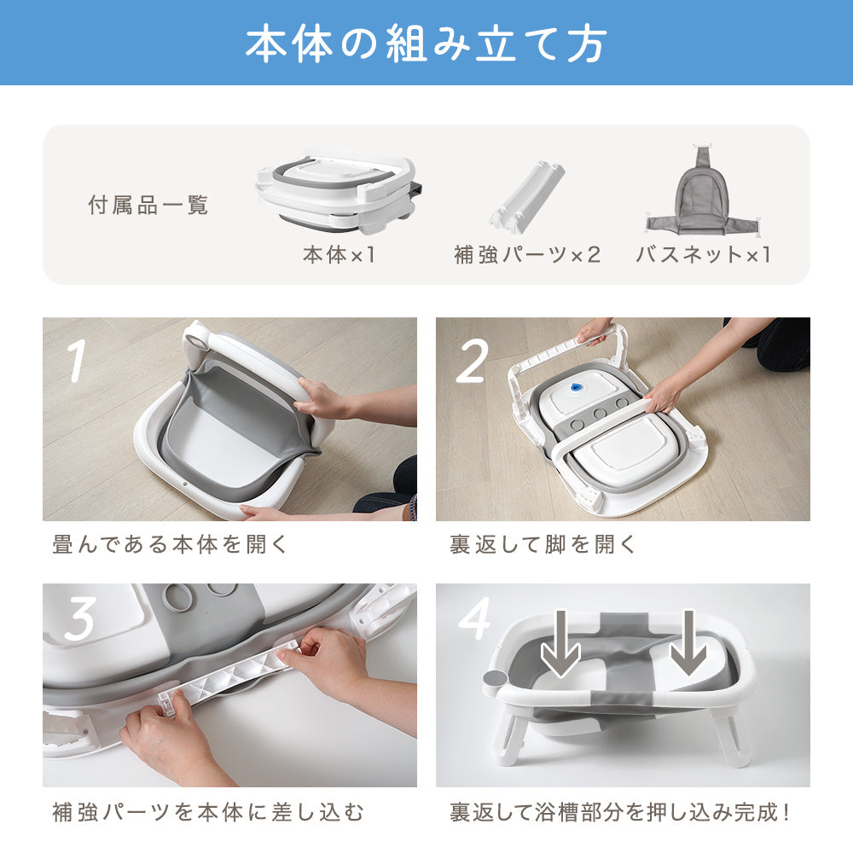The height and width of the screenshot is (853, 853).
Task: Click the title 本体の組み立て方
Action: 426,44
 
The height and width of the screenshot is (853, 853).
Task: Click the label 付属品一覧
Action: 148,205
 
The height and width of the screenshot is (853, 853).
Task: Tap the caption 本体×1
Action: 339,254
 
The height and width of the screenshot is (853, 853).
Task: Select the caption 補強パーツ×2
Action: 526,254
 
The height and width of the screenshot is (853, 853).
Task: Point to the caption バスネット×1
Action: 703,254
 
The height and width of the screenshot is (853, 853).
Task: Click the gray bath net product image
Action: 704,189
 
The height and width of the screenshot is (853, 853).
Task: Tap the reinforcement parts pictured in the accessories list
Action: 526,197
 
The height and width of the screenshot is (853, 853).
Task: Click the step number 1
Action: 78,360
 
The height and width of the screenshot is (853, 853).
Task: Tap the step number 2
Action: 471,361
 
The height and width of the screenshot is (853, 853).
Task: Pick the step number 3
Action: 80,618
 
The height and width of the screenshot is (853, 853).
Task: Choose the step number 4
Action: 475,618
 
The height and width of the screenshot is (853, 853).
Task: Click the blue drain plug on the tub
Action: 575,387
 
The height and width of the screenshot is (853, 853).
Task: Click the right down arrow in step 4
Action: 688,643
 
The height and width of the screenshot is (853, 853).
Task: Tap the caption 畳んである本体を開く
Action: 170,544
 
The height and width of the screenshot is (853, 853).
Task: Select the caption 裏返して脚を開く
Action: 543,544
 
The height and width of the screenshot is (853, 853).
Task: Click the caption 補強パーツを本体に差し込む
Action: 208,812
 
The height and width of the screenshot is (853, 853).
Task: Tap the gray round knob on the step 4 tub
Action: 494,681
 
